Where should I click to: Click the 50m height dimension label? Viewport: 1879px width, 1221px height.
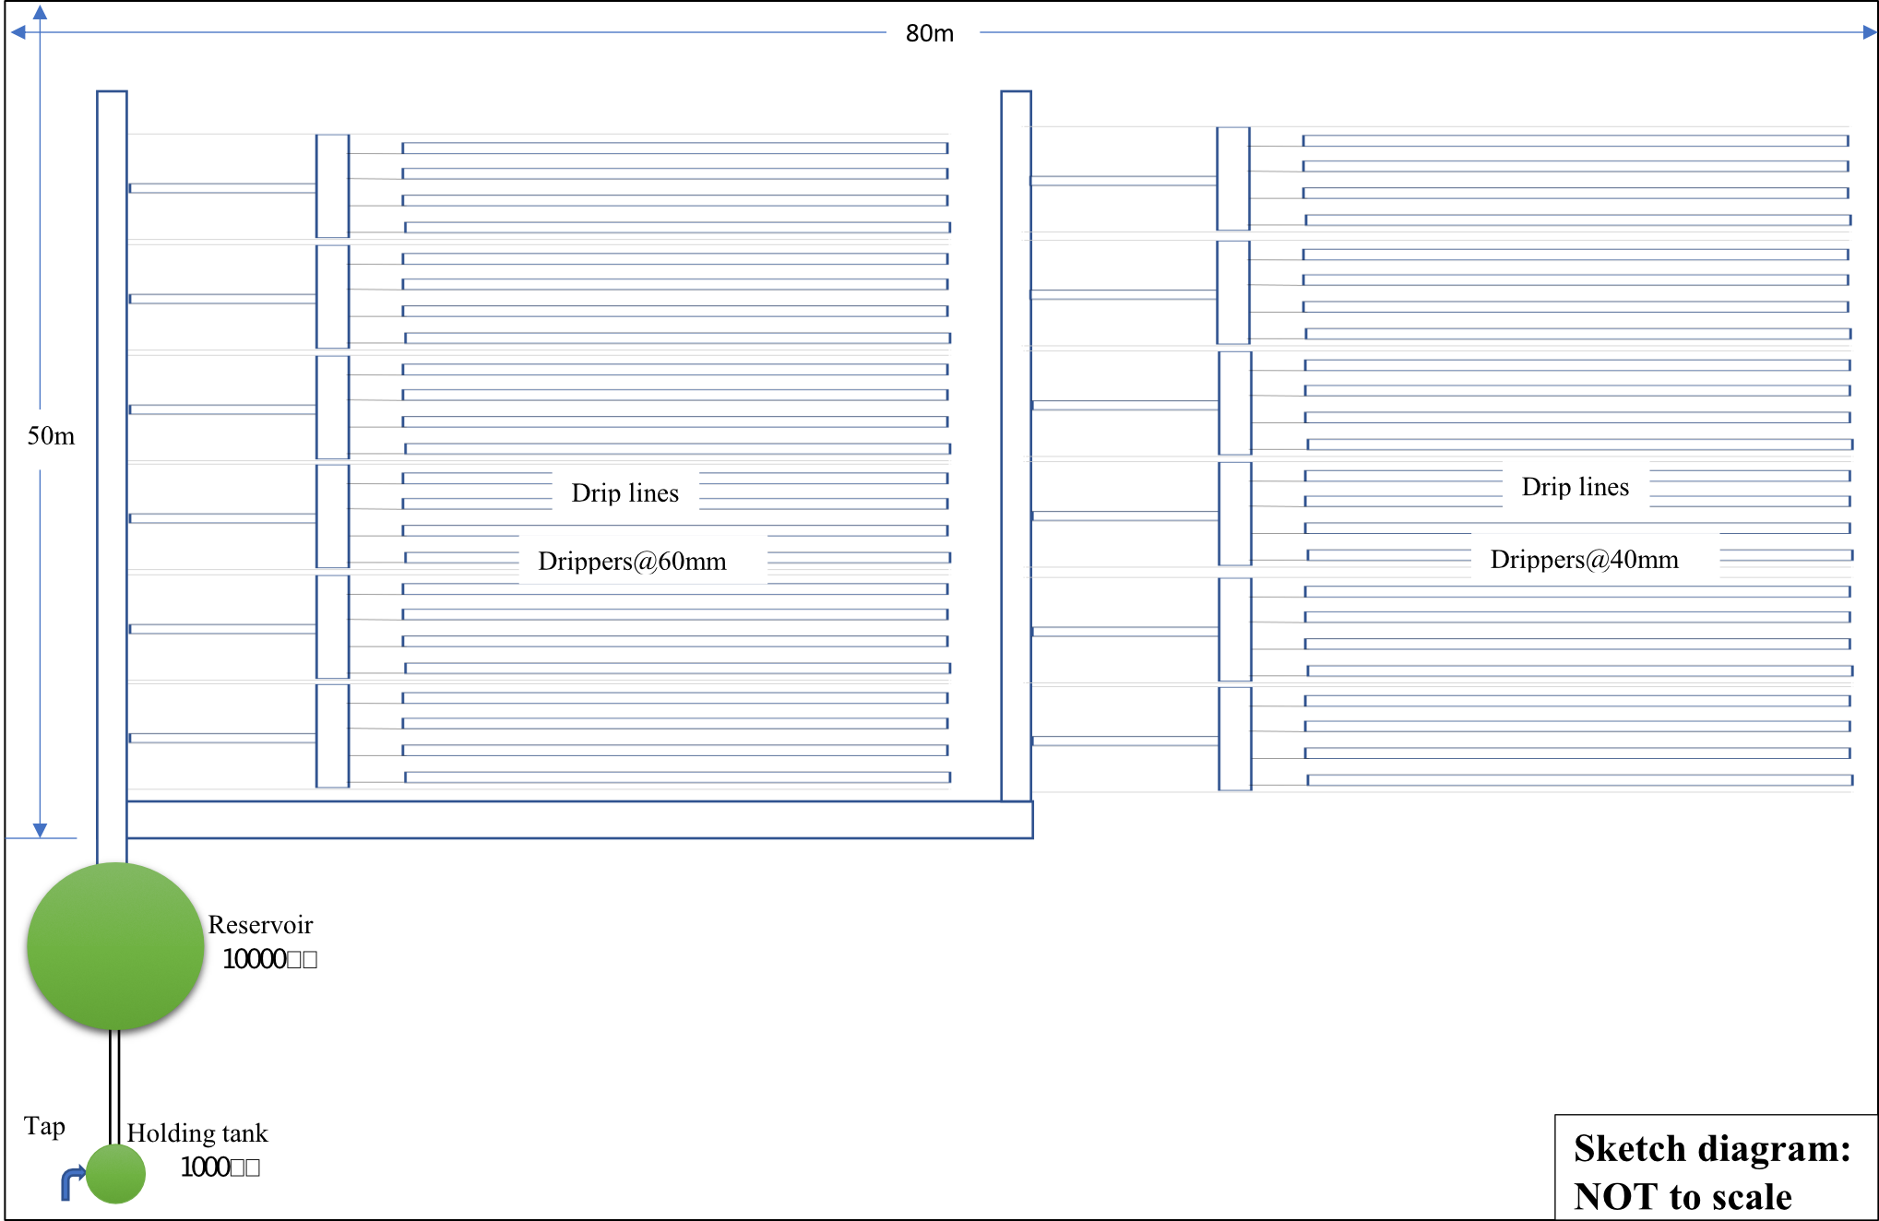(52, 438)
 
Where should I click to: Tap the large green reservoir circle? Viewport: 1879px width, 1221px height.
(114, 945)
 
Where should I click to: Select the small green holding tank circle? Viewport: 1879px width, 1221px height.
(115, 1174)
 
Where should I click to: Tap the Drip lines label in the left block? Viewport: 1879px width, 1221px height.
(625, 492)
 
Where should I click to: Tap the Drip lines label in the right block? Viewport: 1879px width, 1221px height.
(1576, 486)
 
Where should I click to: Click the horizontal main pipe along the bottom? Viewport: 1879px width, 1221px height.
(579, 820)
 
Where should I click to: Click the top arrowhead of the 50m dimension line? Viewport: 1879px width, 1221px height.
(40, 12)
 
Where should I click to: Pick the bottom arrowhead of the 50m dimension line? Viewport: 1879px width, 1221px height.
(40, 830)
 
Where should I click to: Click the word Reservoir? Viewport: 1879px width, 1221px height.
(260, 925)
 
